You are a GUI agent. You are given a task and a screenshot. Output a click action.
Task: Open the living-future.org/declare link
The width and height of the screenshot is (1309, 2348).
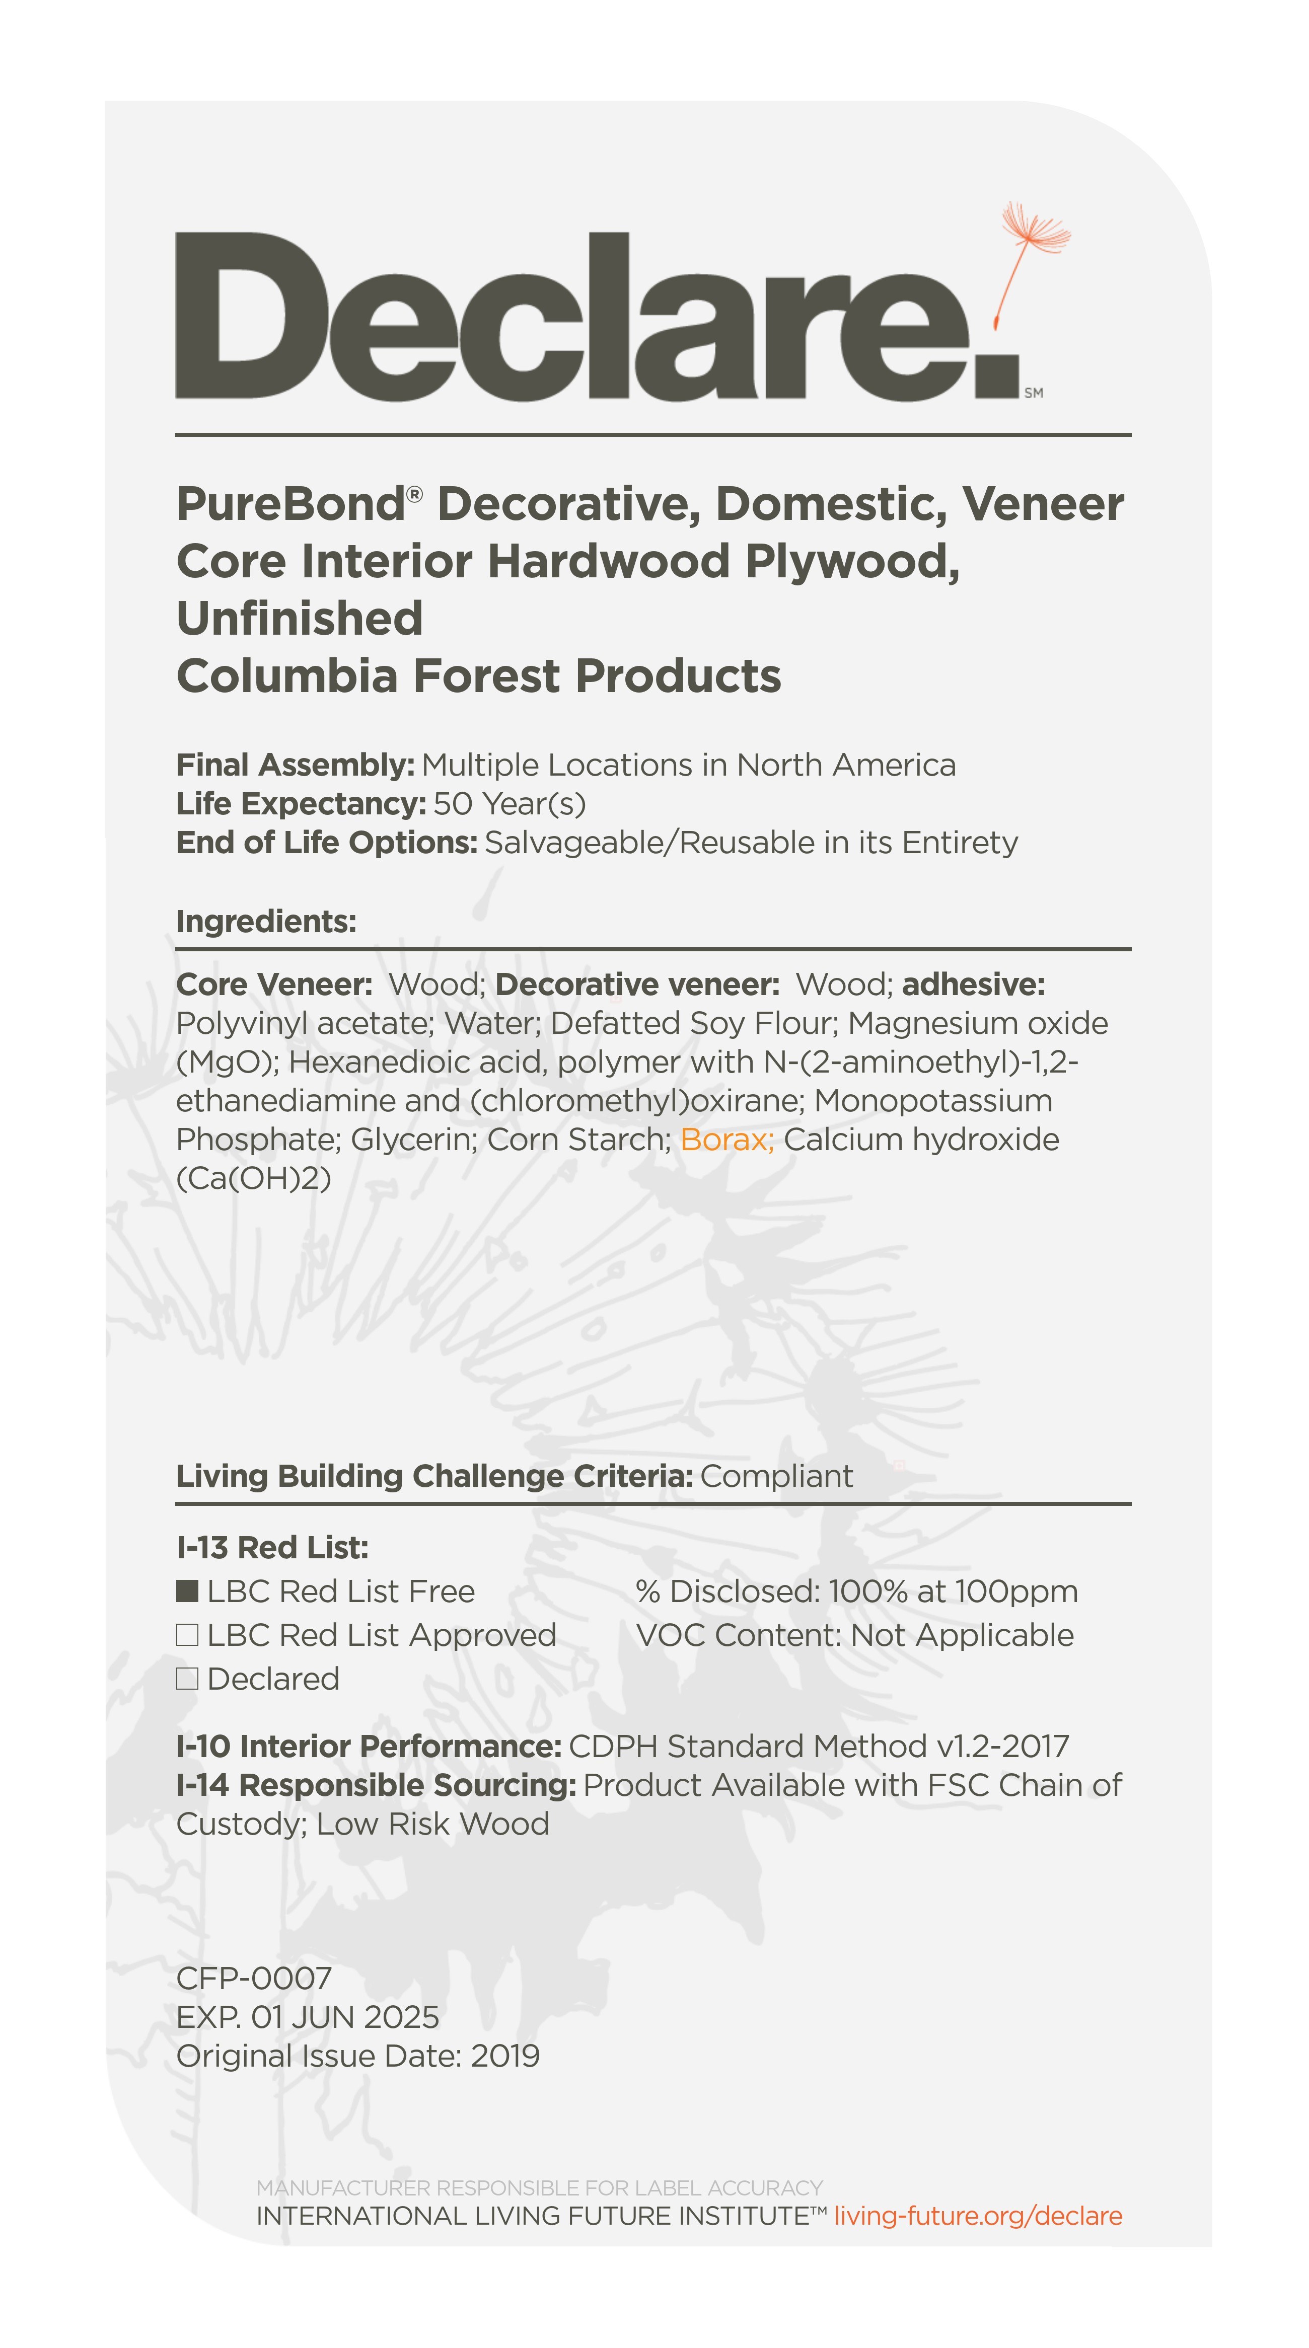[x=977, y=2216]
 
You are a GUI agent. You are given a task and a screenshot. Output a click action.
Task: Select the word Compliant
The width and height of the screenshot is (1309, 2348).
[x=776, y=1476]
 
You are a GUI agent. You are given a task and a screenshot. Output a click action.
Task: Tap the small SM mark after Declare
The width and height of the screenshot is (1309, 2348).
[x=1034, y=393]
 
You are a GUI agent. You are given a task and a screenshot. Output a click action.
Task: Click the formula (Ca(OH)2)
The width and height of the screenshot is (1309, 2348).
[x=253, y=1179]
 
